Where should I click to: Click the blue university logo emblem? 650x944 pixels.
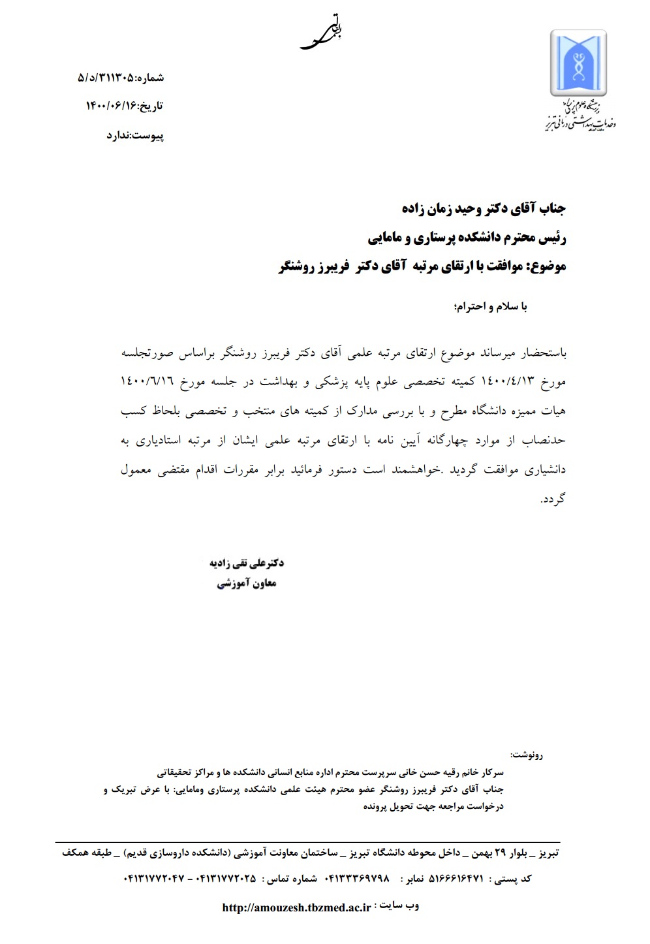click(x=579, y=64)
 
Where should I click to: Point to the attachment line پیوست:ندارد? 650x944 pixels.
click(x=135, y=136)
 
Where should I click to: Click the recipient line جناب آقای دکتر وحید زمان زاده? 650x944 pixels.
click(x=484, y=208)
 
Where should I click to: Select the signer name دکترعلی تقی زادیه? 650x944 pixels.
click(x=246, y=563)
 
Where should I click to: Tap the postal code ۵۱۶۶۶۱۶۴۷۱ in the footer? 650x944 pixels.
click(x=456, y=879)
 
